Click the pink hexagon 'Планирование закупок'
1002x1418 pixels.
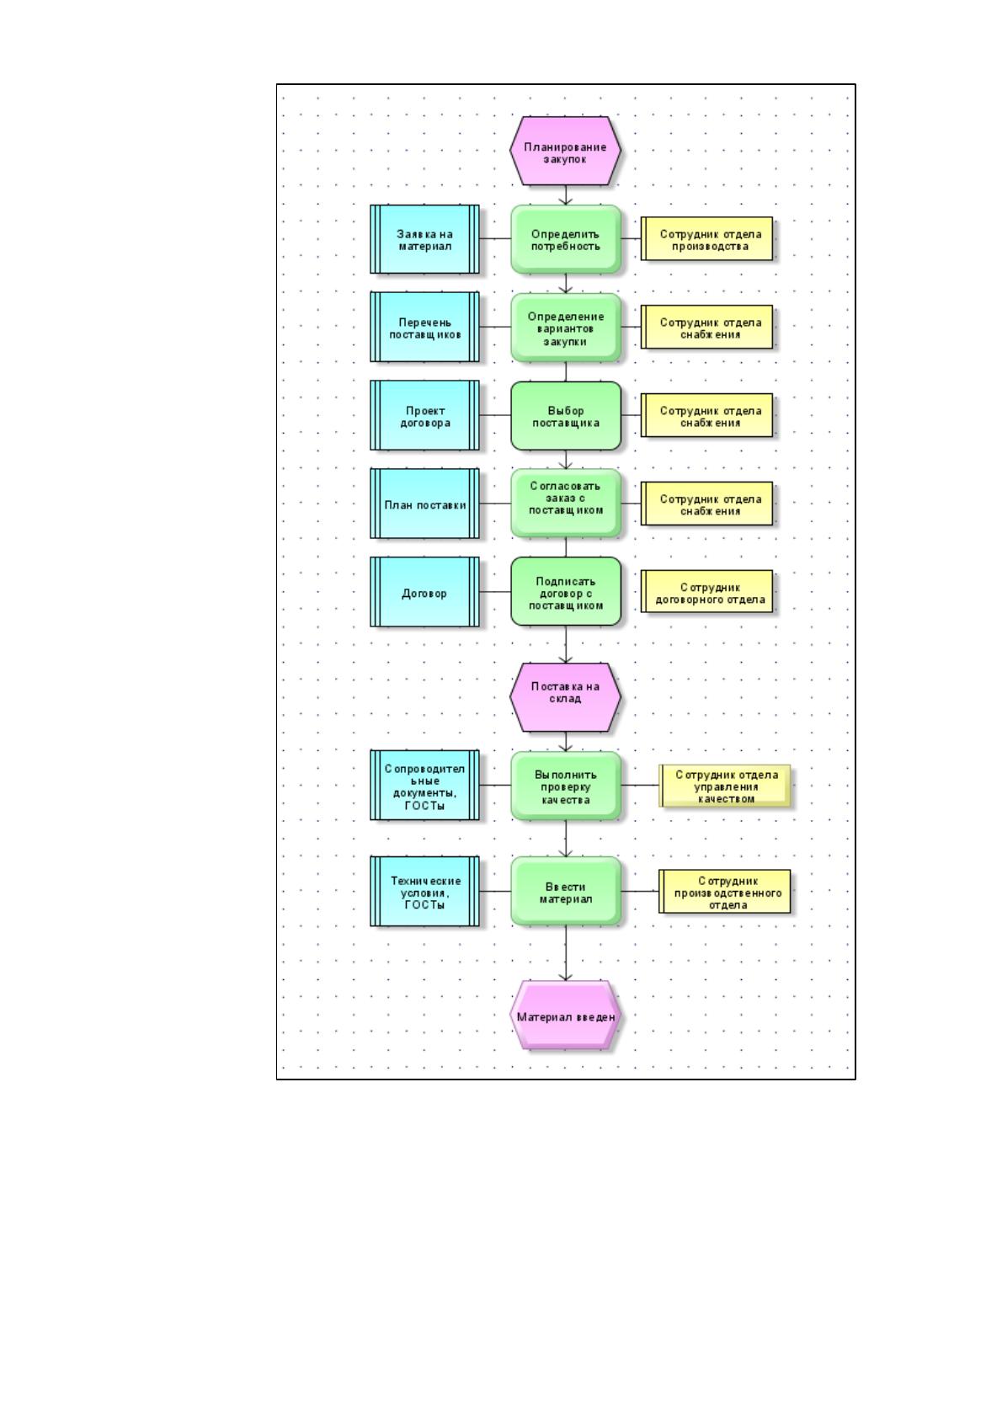[x=565, y=152]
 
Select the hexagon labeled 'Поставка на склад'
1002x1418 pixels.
[x=565, y=697]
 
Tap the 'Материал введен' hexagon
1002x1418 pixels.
[x=565, y=1016]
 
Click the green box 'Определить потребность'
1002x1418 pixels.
[x=565, y=239]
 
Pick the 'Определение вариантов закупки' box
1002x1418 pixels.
[x=565, y=328]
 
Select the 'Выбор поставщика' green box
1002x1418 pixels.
[x=565, y=416]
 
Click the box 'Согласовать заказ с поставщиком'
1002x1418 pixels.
[x=565, y=504]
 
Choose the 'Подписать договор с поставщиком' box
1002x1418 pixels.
[x=565, y=592]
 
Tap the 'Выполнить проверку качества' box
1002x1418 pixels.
[x=565, y=786]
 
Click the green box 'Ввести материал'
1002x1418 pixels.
[x=565, y=892]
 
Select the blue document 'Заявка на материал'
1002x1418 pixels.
[x=424, y=239]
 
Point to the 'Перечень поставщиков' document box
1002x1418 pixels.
[x=424, y=328]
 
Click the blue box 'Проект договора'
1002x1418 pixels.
[x=424, y=416]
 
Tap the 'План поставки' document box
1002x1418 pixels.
[x=424, y=504]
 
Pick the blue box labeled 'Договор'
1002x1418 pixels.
[x=424, y=592]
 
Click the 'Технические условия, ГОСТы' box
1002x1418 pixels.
[x=424, y=892]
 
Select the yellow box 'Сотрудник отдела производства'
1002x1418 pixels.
[x=707, y=239]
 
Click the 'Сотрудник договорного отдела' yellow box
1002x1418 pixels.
[x=707, y=592]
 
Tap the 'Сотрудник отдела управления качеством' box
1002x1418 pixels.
[x=725, y=786]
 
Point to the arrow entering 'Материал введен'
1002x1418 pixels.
[x=565, y=953]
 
